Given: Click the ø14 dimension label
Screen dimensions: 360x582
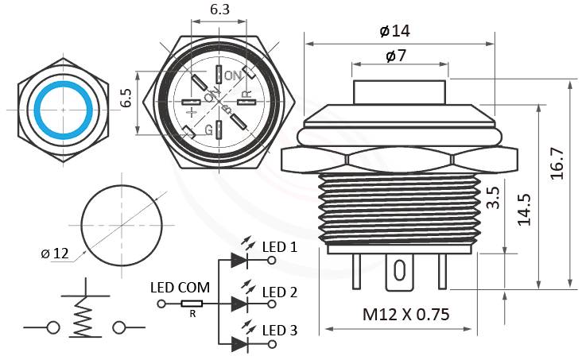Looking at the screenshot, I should tap(395, 31).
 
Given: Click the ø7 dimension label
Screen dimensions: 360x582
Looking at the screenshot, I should tap(396, 56).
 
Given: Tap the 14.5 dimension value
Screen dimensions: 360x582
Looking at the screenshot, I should tap(526, 208).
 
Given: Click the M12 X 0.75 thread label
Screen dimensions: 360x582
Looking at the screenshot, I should tap(405, 314).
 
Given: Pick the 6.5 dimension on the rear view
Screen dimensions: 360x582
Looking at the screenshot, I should tap(126, 99).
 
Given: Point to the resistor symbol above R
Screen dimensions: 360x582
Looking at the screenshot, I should tap(192, 304).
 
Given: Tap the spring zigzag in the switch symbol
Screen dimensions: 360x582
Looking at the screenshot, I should tap(83, 321).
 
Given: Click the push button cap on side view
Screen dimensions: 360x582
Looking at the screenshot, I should tap(398, 92).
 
